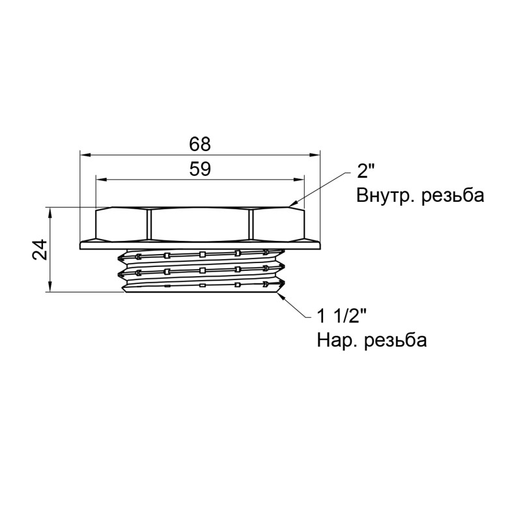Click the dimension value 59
[x=200, y=169]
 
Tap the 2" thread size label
[x=367, y=172]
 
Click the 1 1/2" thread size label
[x=342, y=317]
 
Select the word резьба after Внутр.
[x=453, y=195]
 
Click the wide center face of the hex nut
[x=200, y=223]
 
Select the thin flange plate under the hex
[x=200, y=245]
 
